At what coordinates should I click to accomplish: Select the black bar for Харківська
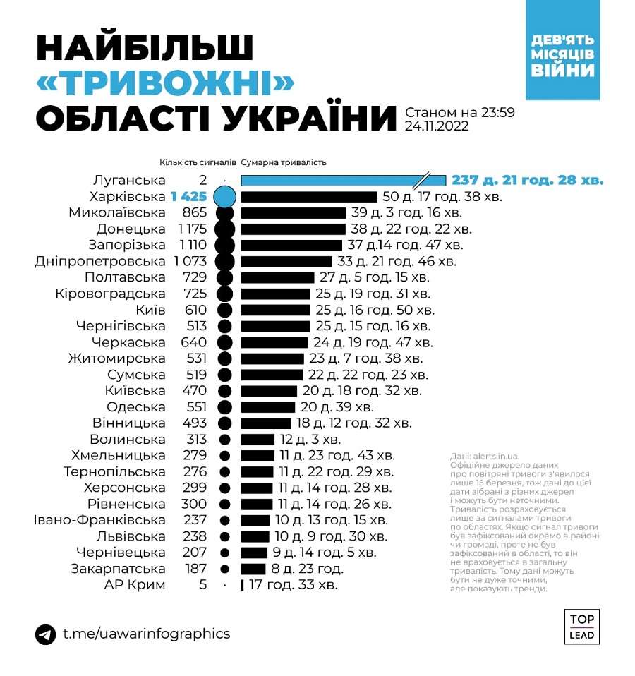[x=309, y=196]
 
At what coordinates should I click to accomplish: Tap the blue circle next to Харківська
[x=224, y=196]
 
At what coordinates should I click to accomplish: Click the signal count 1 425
[x=189, y=196]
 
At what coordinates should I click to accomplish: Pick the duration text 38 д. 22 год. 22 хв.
[x=411, y=229]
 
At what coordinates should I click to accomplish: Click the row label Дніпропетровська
[x=100, y=261]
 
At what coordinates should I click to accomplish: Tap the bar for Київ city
[x=275, y=310]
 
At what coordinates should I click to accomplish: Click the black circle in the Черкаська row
[x=224, y=342]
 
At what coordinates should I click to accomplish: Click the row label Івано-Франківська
[x=99, y=520]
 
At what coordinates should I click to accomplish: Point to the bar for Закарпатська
[x=253, y=569]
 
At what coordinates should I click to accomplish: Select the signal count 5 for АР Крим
[x=202, y=585]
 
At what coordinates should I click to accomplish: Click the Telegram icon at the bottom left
[x=46, y=634]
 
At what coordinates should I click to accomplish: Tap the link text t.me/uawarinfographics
[x=146, y=634]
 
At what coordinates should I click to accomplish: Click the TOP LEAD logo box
[x=581, y=627]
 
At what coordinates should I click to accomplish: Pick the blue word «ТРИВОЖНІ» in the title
[x=164, y=84]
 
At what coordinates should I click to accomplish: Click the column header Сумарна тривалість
[x=284, y=162]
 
